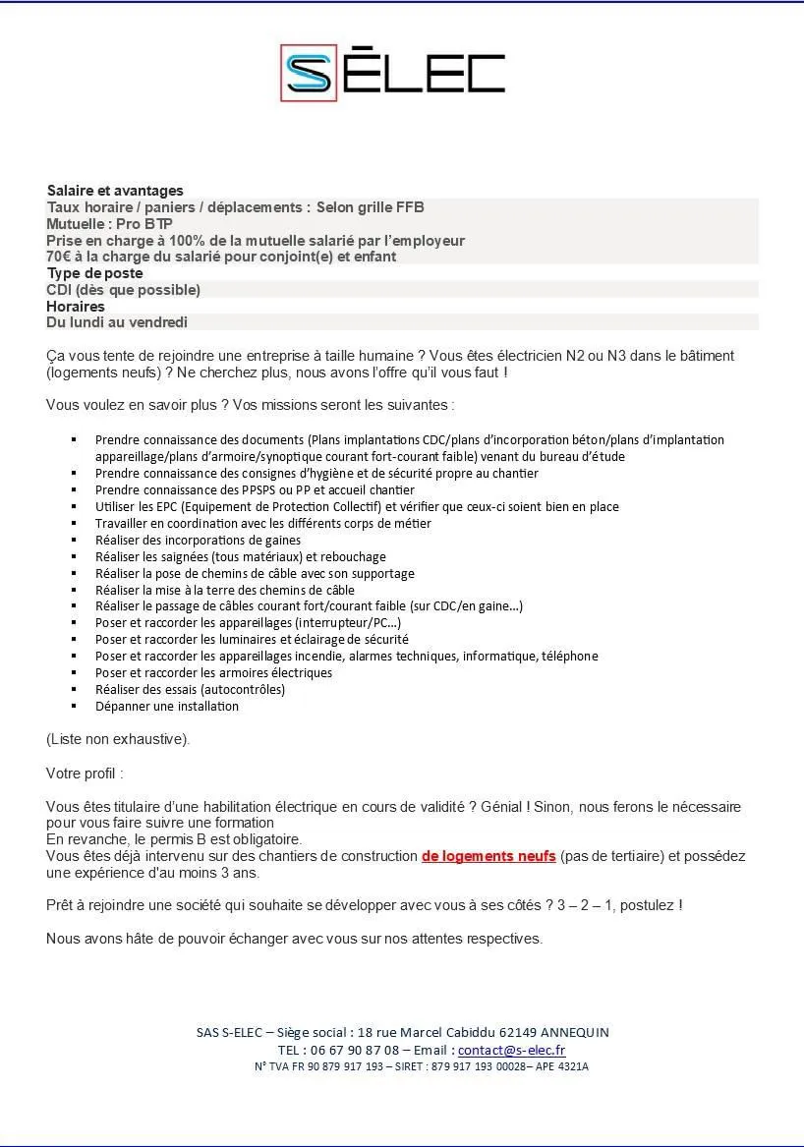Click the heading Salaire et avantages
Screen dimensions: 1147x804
click(x=114, y=191)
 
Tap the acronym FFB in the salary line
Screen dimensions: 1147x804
click(x=409, y=207)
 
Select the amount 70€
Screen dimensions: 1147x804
click(x=61, y=257)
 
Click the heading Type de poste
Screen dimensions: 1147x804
click(x=94, y=273)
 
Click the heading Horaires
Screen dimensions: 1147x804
click(x=76, y=307)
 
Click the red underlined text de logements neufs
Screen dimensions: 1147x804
click(x=488, y=856)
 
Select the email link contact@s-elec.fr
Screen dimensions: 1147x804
click(x=511, y=1050)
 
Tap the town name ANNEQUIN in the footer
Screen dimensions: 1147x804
click(x=575, y=1032)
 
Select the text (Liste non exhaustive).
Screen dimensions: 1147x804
click(x=118, y=739)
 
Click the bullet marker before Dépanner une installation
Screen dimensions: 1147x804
click(x=75, y=706)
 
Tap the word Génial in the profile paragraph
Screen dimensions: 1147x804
click(x=500, y=807)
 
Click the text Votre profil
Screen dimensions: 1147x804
click(x=85, y=774)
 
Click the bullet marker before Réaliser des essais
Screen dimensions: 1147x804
click(x=75, y=689)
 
